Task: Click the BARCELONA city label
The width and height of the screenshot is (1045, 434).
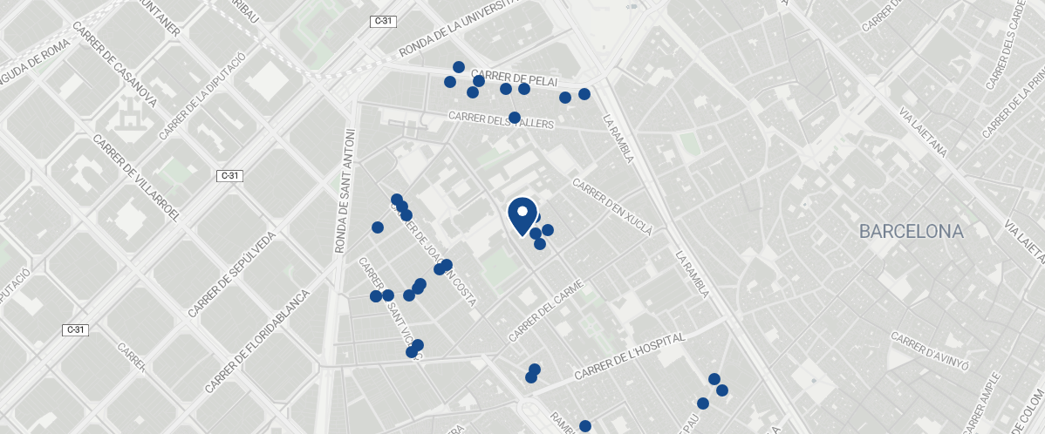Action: click(x=911, y=232)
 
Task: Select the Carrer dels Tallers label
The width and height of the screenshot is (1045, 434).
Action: click(x=501, y=120)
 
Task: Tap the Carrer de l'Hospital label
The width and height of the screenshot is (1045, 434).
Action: click(x=632, y=356)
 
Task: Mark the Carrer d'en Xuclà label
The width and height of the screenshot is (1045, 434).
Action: click(x=612, y=207)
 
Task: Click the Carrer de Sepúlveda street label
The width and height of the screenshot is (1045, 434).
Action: click(x=232, y=274)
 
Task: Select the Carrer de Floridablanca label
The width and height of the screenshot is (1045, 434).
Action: click(x=257, y=340)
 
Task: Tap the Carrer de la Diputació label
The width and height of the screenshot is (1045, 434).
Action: click(x=203, y=96)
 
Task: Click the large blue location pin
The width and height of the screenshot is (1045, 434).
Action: click(x=522, y=214)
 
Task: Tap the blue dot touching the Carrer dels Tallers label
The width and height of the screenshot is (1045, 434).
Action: click(x=515, y=117)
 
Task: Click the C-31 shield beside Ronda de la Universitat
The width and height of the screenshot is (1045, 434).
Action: click(x=381, y=21)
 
